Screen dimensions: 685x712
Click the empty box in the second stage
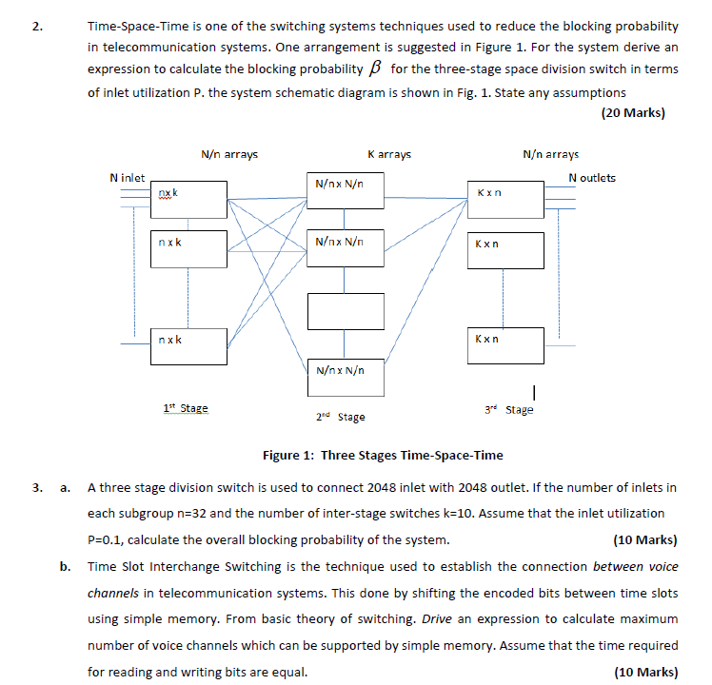pyautogui.click(x=345, y=311)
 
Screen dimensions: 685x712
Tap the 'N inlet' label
pyautogui.click(x=128, y=178)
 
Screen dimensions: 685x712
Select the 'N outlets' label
pyautogui.click(x=591, y=178)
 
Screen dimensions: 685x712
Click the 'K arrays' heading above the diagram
pyautogui.click(x=389, y=154)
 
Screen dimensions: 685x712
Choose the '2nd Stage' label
pyautogui.click(x=340, y=417)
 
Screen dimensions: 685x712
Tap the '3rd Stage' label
pyautogui.click(x=509, y=410)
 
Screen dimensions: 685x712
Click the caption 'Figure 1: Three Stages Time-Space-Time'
pyautogui.click(x=383, y=455)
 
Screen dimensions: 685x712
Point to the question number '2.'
pyautogui.click(x=37, y=27)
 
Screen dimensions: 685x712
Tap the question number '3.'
pyautogui.click(x=37, y=488)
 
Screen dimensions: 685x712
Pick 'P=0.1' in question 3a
pyautogui.click(x=107, y=540)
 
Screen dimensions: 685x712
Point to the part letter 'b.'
pyautogui.click(x=65, y=566)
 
